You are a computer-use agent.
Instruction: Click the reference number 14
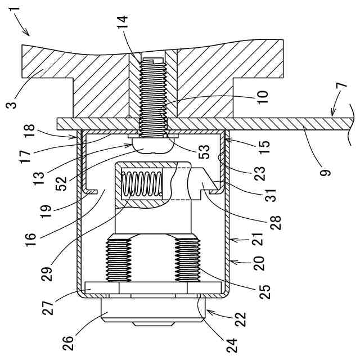tap(123, 22)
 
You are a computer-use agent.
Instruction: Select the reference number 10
tap(263, 97)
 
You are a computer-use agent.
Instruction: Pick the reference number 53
tap(204, 152)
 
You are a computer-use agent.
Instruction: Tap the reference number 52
tap(61, 184)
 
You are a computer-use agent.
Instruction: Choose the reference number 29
tap(47, 274)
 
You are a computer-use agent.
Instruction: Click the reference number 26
tap(69, 344)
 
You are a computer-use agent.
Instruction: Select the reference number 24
tap(232, 345)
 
